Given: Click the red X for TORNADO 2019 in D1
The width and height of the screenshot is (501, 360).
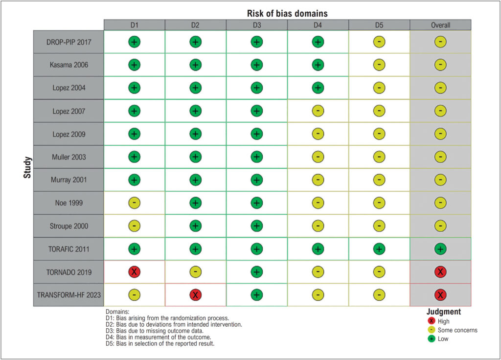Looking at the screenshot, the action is click(x=134, y=272).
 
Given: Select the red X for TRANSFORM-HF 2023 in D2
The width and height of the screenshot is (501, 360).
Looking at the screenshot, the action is click(x=195, y=295).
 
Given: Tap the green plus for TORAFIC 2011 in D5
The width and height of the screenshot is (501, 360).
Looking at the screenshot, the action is click(x=379, y=249).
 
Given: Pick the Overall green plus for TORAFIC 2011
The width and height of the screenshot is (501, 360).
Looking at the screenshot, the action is click(x=440, y=249).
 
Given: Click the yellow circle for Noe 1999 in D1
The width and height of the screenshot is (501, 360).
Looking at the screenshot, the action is click(x=134, y=203).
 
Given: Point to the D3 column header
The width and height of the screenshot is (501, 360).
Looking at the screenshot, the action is click(x=257, y=25).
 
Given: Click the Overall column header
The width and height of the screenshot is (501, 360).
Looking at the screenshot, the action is click(x=440, y=25).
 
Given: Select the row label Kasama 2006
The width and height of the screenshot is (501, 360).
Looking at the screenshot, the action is click(x=68, y=65).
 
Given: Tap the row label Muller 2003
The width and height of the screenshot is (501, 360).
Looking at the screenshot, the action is click(x=68, y=157).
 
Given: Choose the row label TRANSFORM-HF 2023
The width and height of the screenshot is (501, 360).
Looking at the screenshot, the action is click(x=68, y=295).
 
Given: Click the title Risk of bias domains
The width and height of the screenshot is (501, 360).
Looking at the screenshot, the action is click(x=287, y=13).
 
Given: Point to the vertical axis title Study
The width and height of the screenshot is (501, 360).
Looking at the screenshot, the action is click(x=27, y=167).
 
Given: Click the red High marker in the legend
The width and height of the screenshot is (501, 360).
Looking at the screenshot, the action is click(x=432, y=321).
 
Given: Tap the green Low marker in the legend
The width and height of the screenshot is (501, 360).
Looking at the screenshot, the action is click(x=432, y=338).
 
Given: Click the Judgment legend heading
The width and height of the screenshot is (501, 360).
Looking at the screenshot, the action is click(x=443, y=312).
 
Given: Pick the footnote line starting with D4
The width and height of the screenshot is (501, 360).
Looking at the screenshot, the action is click(x=158, y=337).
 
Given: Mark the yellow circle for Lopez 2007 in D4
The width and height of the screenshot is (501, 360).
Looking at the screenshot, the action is click(x=318, y=111).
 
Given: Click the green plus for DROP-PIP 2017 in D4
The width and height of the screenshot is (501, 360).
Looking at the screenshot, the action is click(x=318, y=42).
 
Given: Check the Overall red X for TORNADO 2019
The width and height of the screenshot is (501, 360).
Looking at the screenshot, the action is click(x=440, y=272).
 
